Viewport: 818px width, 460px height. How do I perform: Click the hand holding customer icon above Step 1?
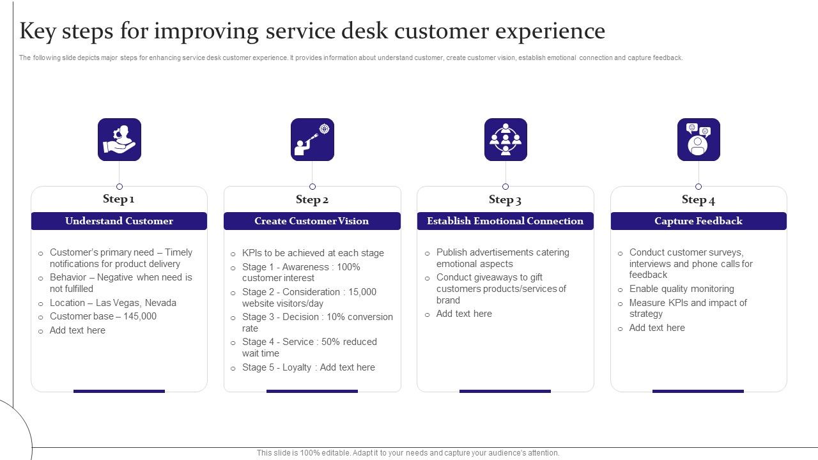(x=120, y=139)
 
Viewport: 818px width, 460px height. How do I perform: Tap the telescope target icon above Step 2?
(x=313, y=139)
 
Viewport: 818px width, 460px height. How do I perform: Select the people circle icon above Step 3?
(x=505, y=139)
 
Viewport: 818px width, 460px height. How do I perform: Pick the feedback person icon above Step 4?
(x=698, y=139)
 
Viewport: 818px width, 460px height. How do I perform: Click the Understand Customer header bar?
(x=119, y=221)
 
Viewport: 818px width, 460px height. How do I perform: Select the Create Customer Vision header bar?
(x=312, y=221)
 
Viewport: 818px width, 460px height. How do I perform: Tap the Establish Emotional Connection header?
(x=505, y=221)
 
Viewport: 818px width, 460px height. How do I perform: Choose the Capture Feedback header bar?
(x=698, y=221)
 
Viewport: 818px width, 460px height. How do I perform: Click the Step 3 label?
(x=505, y=199)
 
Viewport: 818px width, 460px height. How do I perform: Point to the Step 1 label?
(x=119, y=199)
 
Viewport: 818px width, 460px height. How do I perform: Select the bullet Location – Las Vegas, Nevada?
(x=113, y=303)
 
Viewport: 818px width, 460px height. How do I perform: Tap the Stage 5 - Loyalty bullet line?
(x=309, y=367)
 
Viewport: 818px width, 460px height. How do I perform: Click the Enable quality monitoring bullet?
(x=681, y=289)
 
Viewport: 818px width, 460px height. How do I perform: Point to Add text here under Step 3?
(x=464, y=314)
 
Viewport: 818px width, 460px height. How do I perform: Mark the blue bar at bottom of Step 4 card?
(x=698, y=391)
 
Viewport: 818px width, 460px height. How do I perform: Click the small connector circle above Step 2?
(x=313, y=187)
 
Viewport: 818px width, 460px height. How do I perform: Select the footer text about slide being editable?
(x=408, y=453)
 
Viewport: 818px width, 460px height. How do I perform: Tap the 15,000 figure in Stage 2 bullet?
(x=362, y=292)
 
